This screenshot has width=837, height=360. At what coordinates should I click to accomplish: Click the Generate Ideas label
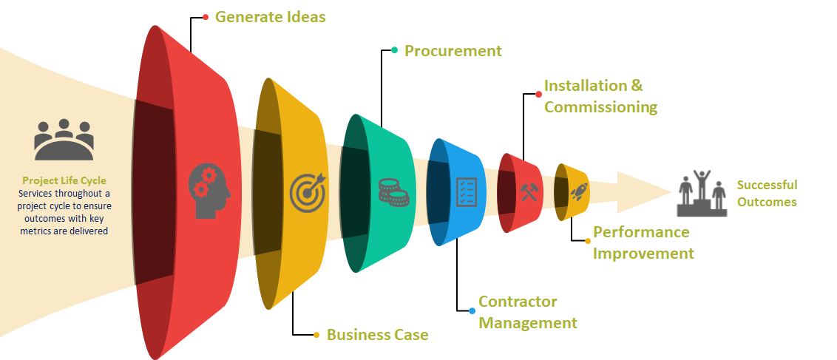click(270, 16)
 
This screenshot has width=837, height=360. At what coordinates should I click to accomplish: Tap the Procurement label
click(453, 51)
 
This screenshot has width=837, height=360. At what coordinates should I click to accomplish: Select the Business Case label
click(377, 335)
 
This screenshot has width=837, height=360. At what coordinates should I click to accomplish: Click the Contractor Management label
click(527, 312)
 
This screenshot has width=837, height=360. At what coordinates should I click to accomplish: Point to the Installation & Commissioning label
click(600, 96)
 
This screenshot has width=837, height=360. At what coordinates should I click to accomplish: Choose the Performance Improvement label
click(643, 242)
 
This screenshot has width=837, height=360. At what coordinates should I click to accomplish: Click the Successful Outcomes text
click(767, 193)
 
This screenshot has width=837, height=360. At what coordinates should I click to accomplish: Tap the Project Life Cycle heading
click(64, 180)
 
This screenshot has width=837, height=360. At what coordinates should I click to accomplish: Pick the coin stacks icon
click(393, 191)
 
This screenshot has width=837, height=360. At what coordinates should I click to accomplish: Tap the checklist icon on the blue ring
click(466, 191)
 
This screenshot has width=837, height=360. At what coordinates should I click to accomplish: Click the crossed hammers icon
click(530, 191)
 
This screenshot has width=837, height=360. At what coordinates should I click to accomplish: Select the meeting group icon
click(64, 139)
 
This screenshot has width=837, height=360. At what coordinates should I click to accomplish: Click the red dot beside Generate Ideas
click(206, 16)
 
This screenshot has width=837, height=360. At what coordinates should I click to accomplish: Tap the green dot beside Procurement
click(395, 50)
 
